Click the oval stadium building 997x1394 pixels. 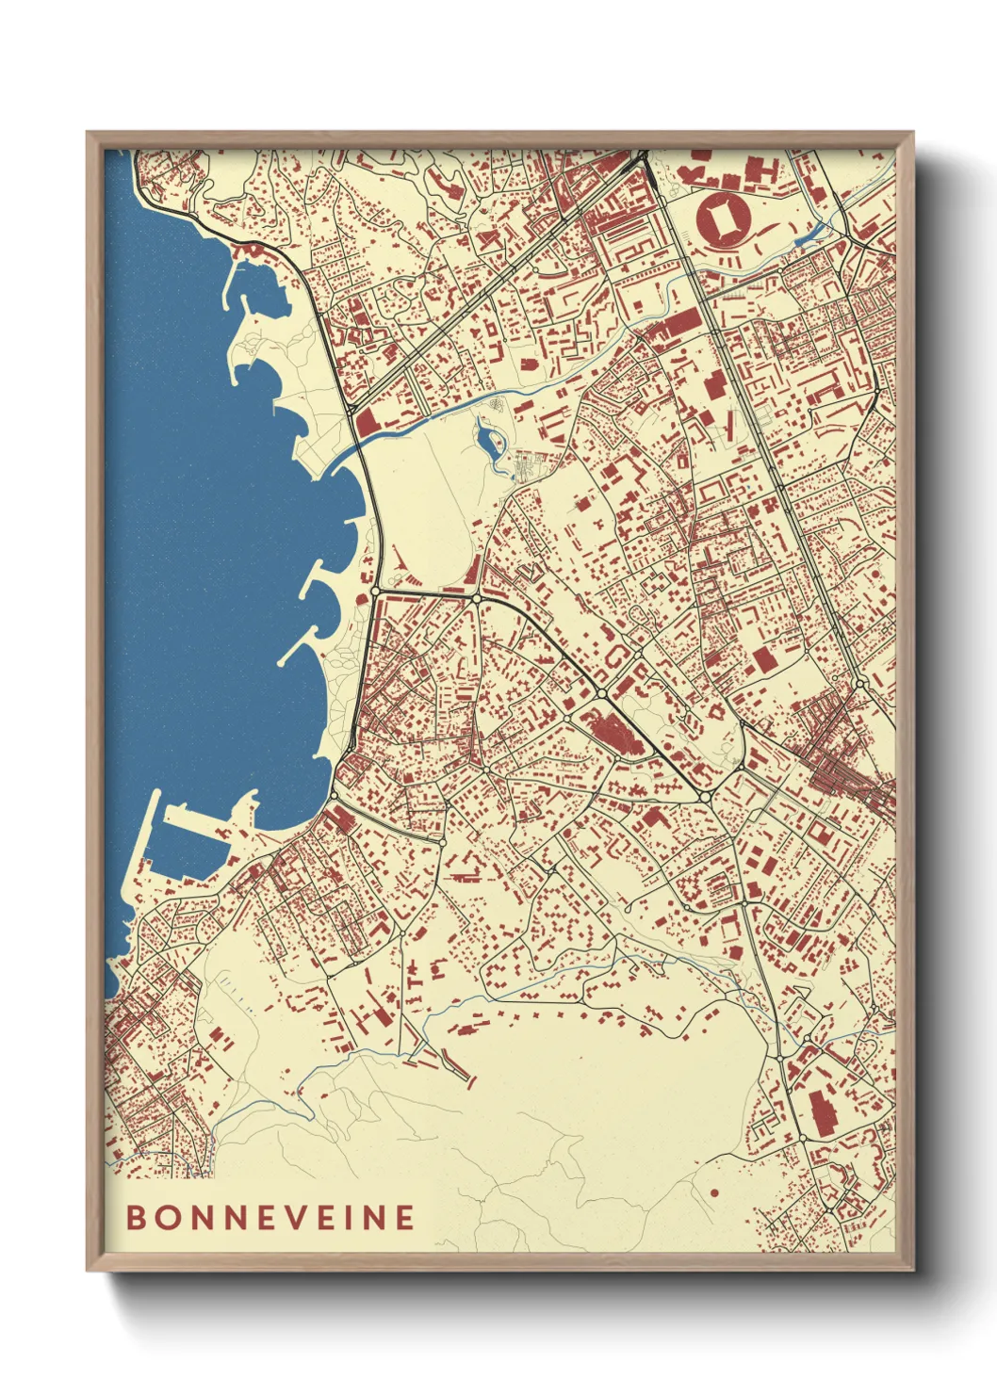724,219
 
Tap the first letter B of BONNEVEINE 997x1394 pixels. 137,1217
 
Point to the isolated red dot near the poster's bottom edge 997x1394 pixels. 714,1193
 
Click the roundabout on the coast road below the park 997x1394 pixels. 375,592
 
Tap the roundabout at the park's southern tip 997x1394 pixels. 478,598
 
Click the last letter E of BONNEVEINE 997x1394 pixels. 404,1217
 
